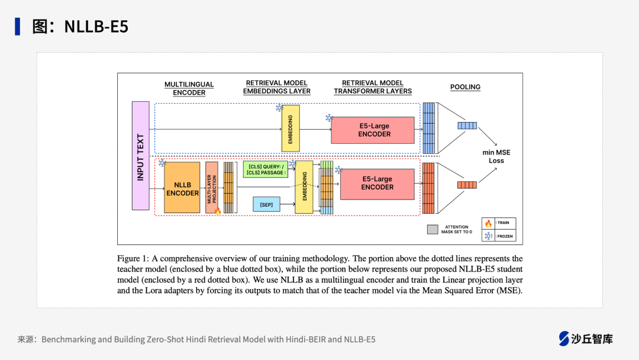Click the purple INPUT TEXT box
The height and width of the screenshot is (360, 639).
tap(140, 156)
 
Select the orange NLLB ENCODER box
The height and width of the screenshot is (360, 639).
tap(182, 188)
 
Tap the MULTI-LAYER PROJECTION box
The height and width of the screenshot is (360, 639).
tap(212, 188)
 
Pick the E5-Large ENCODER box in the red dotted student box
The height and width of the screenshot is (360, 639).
tap(377, 184)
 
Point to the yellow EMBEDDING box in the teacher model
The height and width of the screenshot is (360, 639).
tap(291, 128)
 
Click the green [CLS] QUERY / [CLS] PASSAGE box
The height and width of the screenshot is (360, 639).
tap(266, 169)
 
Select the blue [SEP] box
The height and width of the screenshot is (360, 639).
tap(266, 204)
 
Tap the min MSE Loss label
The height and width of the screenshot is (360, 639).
tap(496, 156)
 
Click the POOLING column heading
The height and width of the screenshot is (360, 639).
tap(465, 87)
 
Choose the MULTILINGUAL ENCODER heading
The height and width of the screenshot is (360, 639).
tap(189, 88)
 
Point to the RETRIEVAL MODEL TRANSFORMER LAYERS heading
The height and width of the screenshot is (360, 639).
tap(373, 87)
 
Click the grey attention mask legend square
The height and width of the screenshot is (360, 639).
tap(433, 229)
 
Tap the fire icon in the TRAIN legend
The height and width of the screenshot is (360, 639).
tap(488, 223)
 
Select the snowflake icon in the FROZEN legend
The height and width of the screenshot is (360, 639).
tap(488, 236)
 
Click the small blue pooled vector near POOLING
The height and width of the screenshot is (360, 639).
tap(467, 126)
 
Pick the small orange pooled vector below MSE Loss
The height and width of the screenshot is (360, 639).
tap(467, 185)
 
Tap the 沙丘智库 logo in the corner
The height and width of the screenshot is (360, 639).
tap(586, 339)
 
